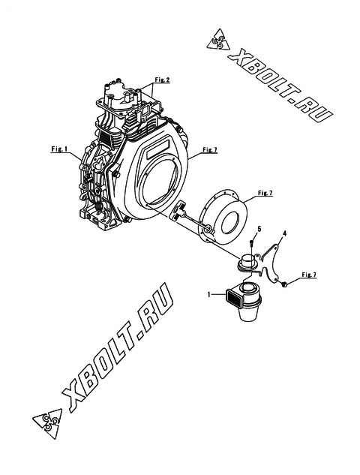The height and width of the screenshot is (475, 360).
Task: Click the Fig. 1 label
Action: coord(58,149)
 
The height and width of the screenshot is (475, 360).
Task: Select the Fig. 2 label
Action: coord(162,80)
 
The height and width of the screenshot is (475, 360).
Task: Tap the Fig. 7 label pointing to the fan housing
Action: coord(210,149)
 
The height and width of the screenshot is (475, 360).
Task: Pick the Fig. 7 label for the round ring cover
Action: coord(265,193)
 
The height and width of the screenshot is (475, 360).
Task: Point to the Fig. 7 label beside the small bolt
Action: coord(309,275)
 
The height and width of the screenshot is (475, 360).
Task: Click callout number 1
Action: coord(208,294)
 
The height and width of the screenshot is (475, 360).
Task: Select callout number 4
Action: coord(284,233)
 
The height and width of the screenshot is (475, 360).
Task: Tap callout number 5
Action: coord(259,229)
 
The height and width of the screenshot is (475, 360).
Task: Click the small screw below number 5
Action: coord(252,242)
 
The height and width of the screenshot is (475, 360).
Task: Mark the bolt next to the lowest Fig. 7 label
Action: coord(283,284)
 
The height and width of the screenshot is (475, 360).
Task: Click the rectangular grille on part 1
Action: coord(233,298)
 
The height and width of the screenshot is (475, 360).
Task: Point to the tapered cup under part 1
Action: coord(247,314)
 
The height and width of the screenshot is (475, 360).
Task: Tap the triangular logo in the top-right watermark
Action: coord(217,42)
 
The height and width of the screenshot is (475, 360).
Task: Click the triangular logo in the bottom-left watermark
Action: coord(47,422)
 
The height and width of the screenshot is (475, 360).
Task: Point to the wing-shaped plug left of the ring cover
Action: coord(178,209)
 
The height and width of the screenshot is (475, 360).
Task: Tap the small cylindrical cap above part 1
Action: coord(248,261)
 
